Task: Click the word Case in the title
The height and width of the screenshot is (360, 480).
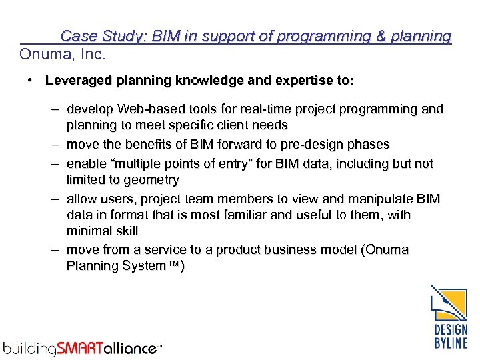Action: click(x=77, y=36)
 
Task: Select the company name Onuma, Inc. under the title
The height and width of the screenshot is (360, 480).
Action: click(x=63, y=53)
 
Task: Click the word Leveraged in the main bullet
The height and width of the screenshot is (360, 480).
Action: click(x=76, y=81)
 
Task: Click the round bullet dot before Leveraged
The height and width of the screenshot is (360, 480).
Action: click(x=31, y=81)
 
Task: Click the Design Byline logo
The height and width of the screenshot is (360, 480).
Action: click(x=449, y=317)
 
